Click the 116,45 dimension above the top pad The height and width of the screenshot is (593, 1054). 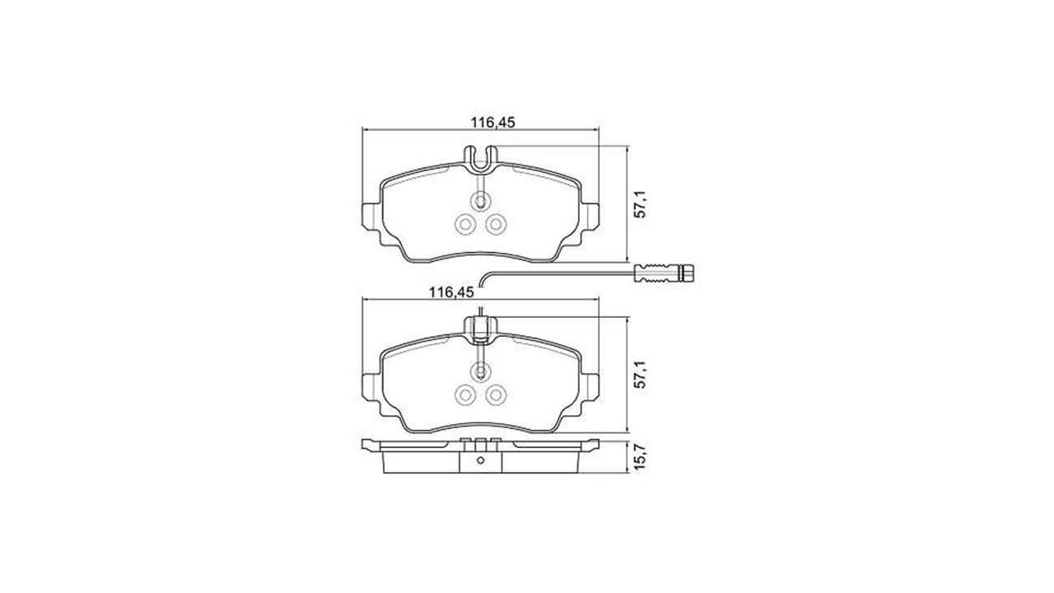(493, 123)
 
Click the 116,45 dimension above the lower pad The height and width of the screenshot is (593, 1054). (450, 292)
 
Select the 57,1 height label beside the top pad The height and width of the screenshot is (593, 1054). (640, 204)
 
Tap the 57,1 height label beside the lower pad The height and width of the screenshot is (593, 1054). (640, 375)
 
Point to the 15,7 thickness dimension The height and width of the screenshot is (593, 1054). (640, 458)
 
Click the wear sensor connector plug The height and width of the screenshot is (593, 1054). (665, 273)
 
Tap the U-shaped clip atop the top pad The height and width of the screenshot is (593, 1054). (480, 159)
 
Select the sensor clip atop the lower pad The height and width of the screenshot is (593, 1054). (480, 329)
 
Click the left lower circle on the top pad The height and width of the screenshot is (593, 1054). (465, 224)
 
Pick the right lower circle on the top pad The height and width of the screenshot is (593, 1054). (496, 224)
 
